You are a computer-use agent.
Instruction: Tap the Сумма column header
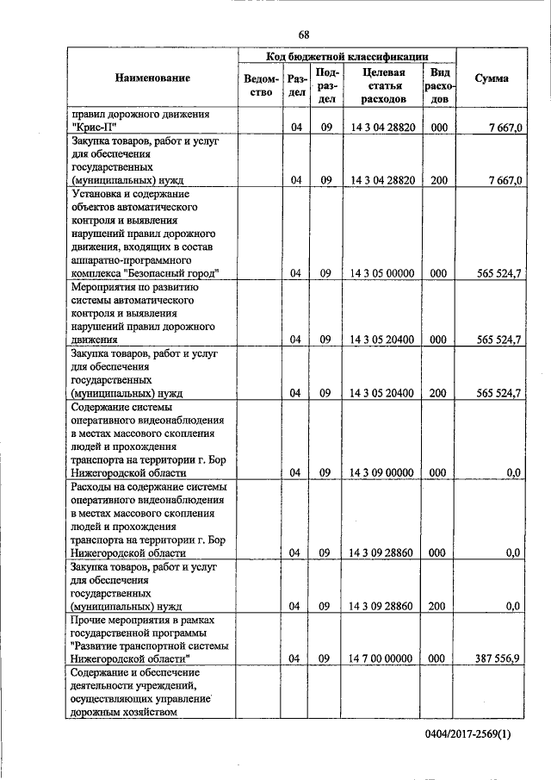click(491, 78)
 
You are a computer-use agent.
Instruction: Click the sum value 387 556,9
click(498, 658)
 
